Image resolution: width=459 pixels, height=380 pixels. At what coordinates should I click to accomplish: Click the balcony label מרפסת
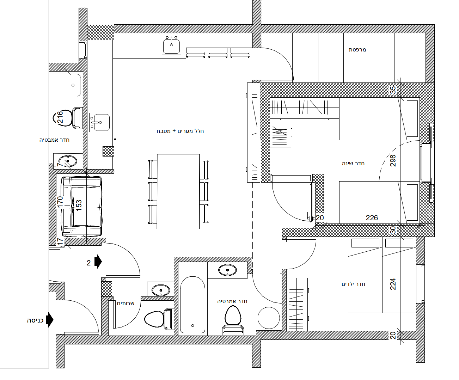pos(357,50)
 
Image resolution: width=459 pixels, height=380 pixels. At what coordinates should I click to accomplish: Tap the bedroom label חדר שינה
pos(353,164)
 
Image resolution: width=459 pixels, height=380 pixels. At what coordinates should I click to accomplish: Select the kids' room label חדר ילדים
pos(353,284)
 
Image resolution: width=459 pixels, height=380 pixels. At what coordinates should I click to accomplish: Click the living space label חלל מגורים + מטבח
pos(180,131)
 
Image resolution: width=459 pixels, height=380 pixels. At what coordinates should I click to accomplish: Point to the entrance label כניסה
pos(35,320)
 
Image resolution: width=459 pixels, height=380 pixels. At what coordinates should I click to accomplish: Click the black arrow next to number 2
pos(98,262)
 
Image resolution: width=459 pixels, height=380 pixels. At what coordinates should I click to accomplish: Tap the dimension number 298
pos(393,161)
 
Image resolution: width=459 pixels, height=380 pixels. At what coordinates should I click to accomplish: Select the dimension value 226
pos(372,218)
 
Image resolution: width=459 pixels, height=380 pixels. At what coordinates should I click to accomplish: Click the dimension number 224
pos(393,284)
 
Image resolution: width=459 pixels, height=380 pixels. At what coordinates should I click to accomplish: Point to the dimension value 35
pos(393,90)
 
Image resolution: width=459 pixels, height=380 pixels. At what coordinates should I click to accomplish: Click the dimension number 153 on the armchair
pos(79,206)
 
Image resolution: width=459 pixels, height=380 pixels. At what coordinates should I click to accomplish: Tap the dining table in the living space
pos(178,191)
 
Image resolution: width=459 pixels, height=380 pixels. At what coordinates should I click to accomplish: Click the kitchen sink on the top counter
pos(171,45)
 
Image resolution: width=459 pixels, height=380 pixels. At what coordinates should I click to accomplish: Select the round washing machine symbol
pos(269,318)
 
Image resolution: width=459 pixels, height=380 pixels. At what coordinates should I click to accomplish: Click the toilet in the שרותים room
pos(158,319)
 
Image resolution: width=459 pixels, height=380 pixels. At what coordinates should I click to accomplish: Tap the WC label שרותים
pos(126,304)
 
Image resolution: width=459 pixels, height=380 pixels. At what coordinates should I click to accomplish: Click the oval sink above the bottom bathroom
pos(227,270)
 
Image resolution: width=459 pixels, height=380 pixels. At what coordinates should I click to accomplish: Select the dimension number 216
pos(60,117)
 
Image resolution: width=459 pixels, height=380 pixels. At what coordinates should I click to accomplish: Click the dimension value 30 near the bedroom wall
pos(393,230)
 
